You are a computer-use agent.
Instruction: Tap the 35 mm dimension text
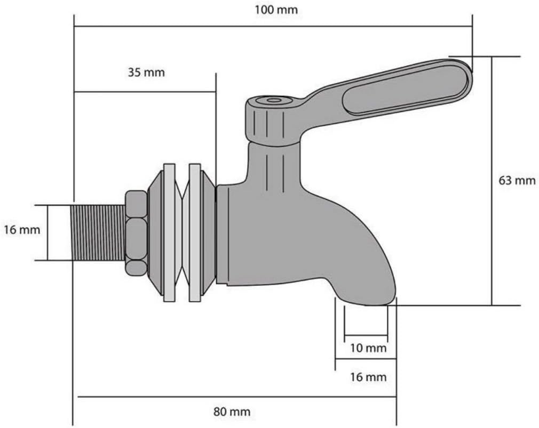point(146,72)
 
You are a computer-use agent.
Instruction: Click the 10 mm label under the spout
point(368,349)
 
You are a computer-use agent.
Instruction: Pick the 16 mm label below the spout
point(368,377)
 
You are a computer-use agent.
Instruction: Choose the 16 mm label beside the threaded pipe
point(21,230)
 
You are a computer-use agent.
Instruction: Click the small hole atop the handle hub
point(274,100)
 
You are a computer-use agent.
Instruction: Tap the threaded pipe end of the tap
point(99,232)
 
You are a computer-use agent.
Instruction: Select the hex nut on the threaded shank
point(136,233)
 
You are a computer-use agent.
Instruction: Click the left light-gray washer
point(169,233)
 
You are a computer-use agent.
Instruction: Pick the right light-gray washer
point(195,233)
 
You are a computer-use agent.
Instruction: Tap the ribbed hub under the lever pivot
point(273,125)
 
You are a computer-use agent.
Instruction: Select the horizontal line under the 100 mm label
point(273,25)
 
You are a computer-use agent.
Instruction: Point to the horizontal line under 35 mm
point(145,92)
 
